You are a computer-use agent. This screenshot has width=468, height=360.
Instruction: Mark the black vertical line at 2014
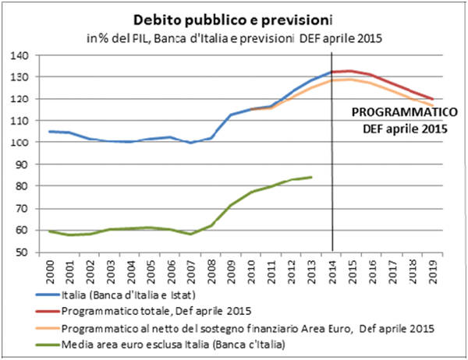pyautogui.click(x=333, y=156)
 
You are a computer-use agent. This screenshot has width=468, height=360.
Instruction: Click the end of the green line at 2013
pyautogui.click(x=312, y=177)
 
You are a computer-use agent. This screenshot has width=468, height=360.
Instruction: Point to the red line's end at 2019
pyautogui.click(x=433, y=99)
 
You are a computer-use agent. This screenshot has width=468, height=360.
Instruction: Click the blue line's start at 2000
pyautogui.click(x=49, y=131)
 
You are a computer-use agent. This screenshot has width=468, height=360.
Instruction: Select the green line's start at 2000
pyautogui.click(x=49, y=231)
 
